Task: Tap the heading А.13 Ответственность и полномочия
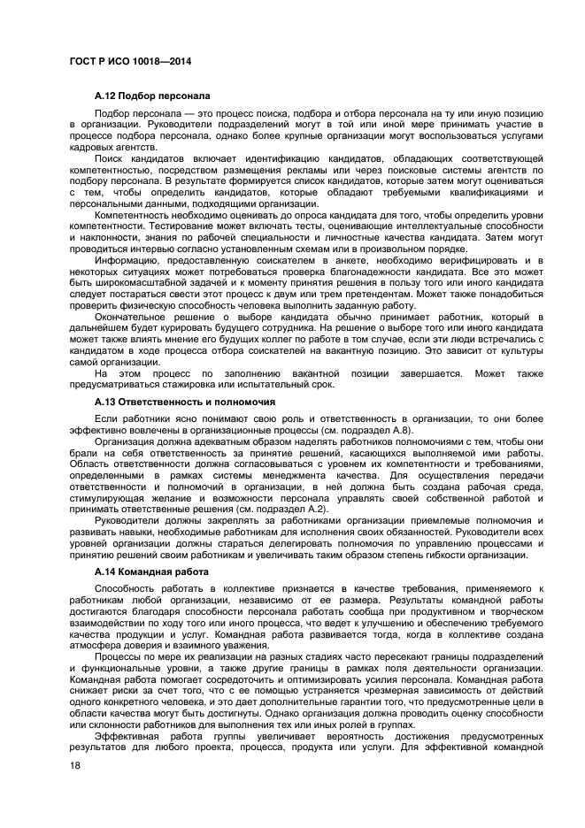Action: tap(184, 401)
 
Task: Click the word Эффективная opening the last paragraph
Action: tap(130, 736)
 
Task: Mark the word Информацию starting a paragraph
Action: tap(127, 260)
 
